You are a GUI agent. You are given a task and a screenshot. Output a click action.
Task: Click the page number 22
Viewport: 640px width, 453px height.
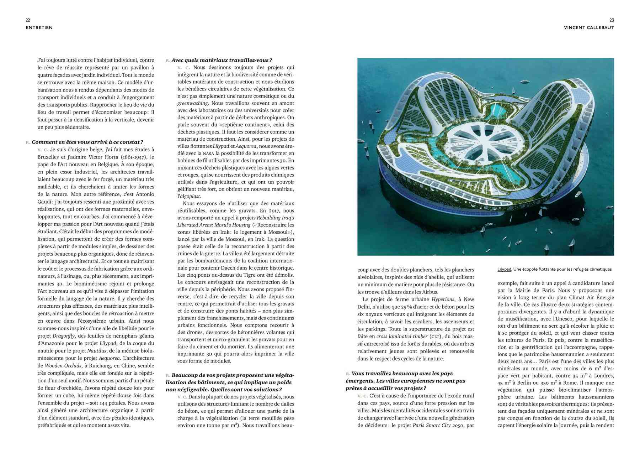28,20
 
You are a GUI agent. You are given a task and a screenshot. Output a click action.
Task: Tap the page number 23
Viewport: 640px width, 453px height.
612,20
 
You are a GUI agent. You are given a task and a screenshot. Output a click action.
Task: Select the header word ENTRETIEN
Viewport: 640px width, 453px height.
39,28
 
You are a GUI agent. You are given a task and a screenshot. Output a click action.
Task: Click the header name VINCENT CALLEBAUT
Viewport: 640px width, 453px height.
589,28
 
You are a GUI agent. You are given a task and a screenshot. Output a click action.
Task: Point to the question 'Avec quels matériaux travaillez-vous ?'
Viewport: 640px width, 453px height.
222,60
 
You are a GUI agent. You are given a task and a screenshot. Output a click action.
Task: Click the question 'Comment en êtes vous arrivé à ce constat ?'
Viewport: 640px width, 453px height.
87,142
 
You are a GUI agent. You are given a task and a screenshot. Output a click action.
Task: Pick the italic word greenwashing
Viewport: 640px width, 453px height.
193,103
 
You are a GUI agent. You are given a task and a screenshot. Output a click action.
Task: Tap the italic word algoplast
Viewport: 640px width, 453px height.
190,196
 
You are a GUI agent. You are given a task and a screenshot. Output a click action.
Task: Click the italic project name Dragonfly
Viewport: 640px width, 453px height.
64,336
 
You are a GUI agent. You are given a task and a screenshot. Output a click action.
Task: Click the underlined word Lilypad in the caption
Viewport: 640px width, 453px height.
504,270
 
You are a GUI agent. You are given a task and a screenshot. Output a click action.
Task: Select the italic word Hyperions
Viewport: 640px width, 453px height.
443,300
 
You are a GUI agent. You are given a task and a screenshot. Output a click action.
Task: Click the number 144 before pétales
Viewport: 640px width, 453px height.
101,403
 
